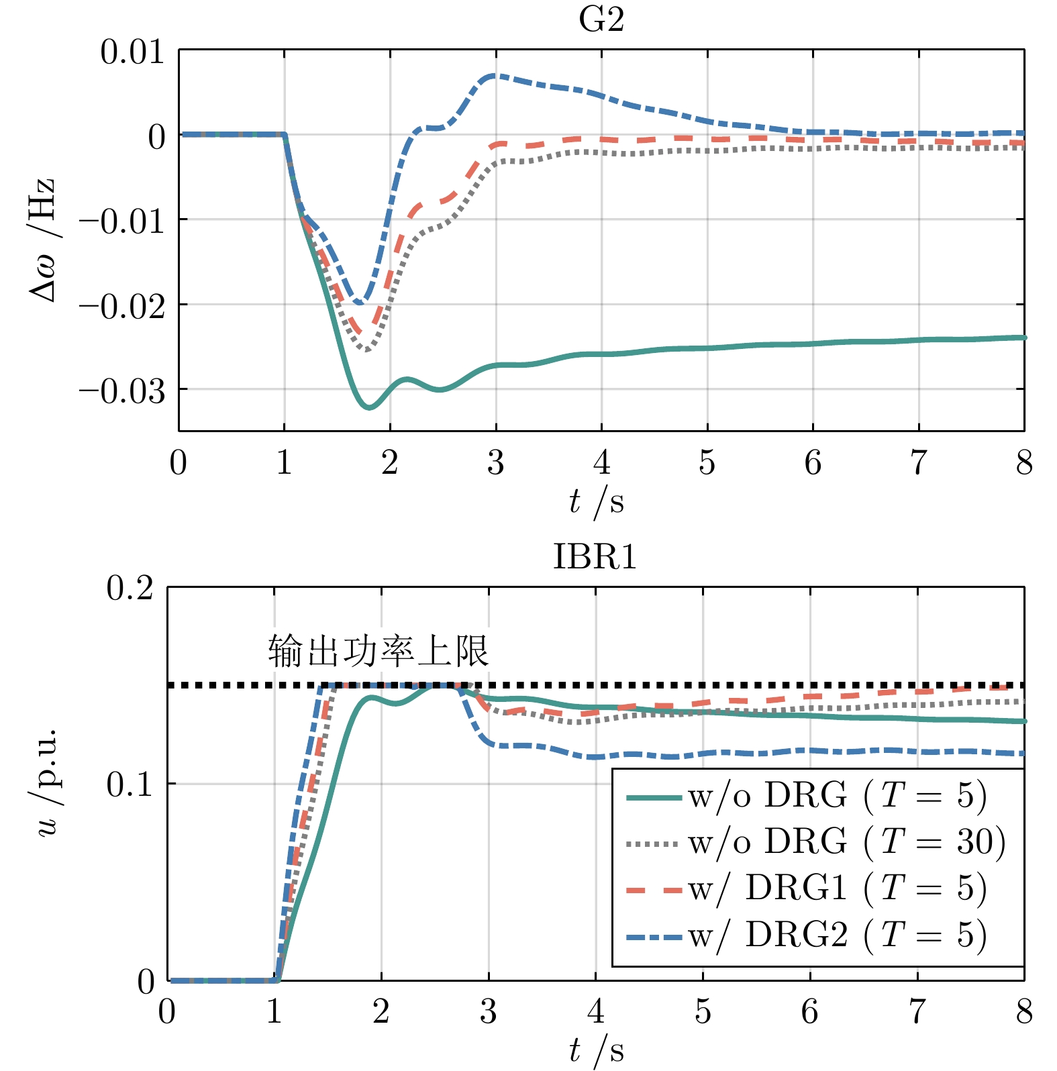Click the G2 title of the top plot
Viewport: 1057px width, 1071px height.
[x=601, y=20]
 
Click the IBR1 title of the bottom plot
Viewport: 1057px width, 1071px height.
[x=595, y=557]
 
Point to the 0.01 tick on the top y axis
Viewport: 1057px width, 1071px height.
[x=132, y=52]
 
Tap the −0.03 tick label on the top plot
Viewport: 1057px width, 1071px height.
[x=122, y=391]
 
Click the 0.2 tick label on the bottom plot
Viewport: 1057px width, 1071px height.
[x=130, y=589]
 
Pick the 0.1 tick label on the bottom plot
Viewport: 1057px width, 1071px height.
[x=130, y=784]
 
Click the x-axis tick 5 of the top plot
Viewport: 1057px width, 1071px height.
[x=707, y=463]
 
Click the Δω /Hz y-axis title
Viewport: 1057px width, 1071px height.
[x=42, y=240]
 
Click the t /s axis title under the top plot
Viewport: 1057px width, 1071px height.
[x=596, y=502]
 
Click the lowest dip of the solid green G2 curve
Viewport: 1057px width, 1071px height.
[x=369, y=407]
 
